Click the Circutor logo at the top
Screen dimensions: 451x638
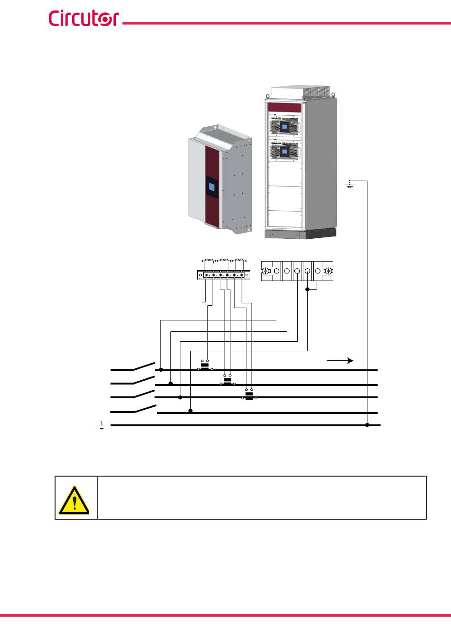(84, 18)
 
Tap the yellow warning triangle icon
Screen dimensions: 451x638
(74, 500)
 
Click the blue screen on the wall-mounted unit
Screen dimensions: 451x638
(212, 187)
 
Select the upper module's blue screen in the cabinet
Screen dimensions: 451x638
(284, 126)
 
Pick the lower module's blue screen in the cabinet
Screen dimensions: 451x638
(284, 151)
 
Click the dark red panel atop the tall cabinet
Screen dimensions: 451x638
(285, 108)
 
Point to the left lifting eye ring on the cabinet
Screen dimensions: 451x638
(268, 96)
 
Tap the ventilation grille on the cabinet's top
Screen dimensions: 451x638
(316, 92)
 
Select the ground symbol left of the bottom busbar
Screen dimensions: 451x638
(102, 425)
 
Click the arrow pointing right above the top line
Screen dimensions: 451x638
(340, 361)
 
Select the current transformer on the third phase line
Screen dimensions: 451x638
(249, 395)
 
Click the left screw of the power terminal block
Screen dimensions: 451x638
(266, 271)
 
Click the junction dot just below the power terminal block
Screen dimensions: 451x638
(308, 290)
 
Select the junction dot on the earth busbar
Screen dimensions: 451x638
(367, 425)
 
